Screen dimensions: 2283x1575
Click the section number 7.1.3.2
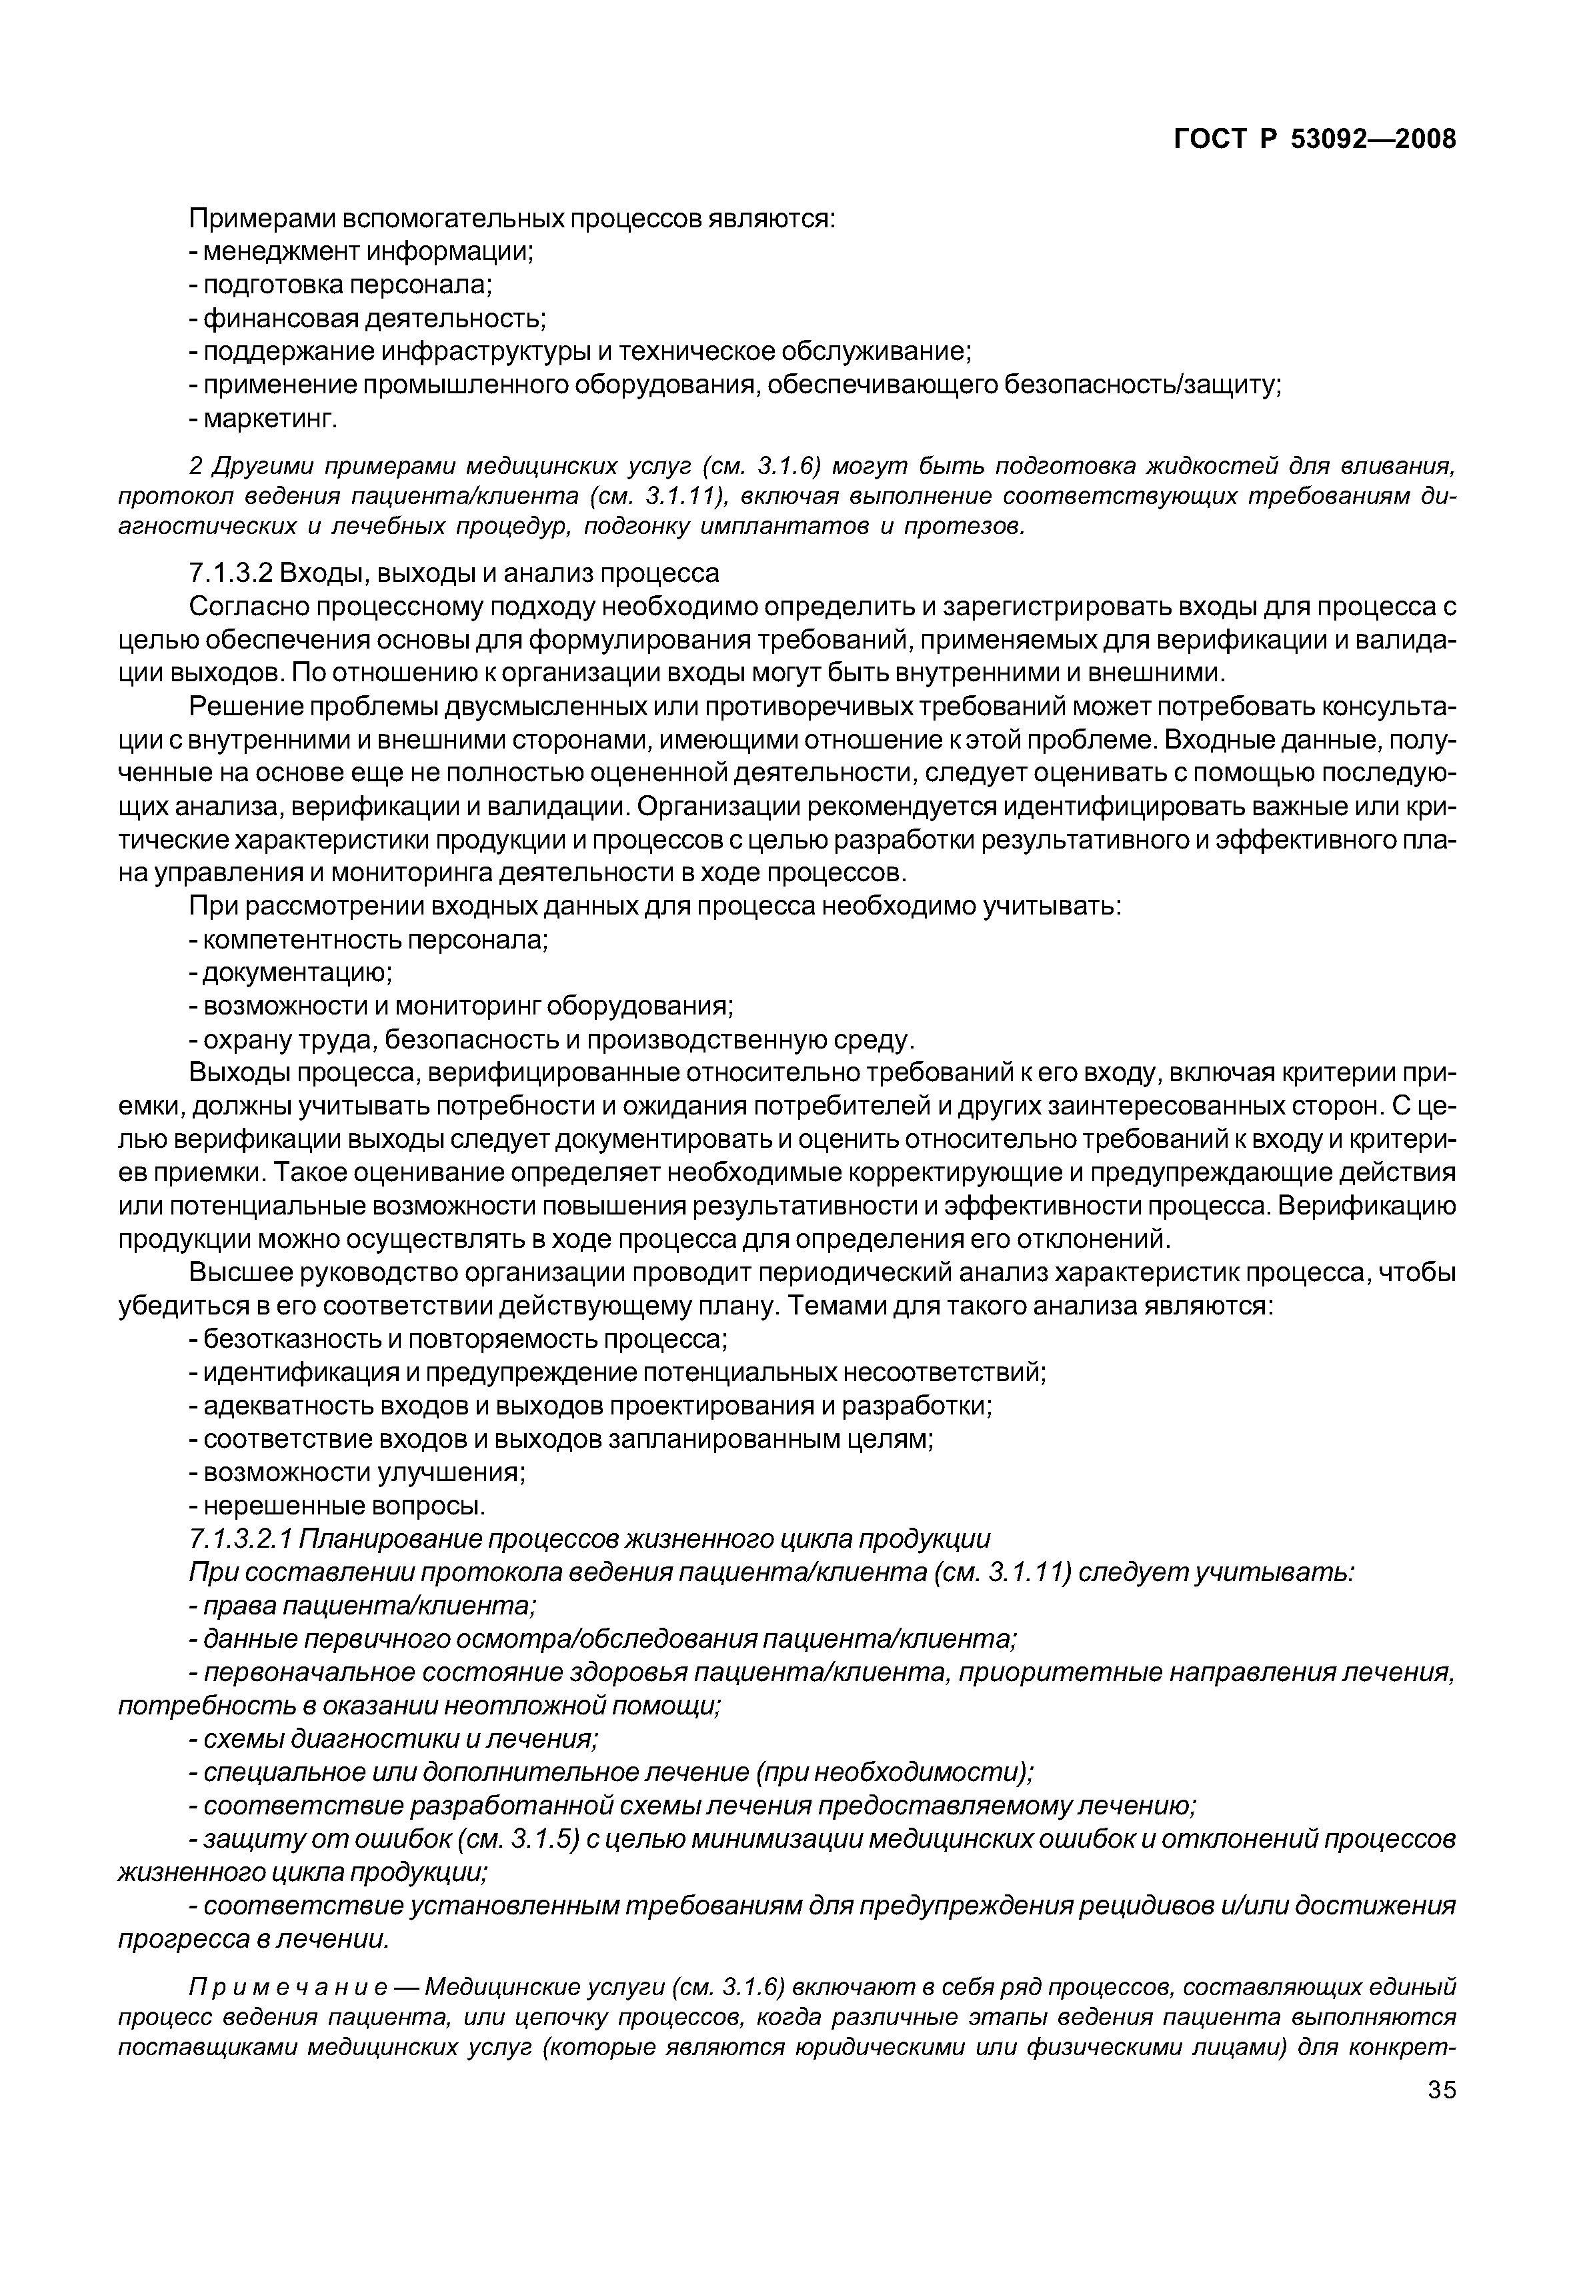click(230, 573)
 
